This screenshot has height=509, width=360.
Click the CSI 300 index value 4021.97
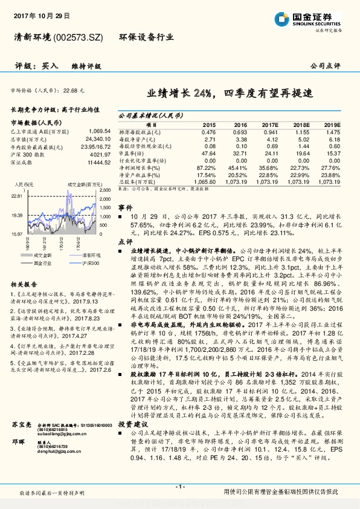coord(100,154)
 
